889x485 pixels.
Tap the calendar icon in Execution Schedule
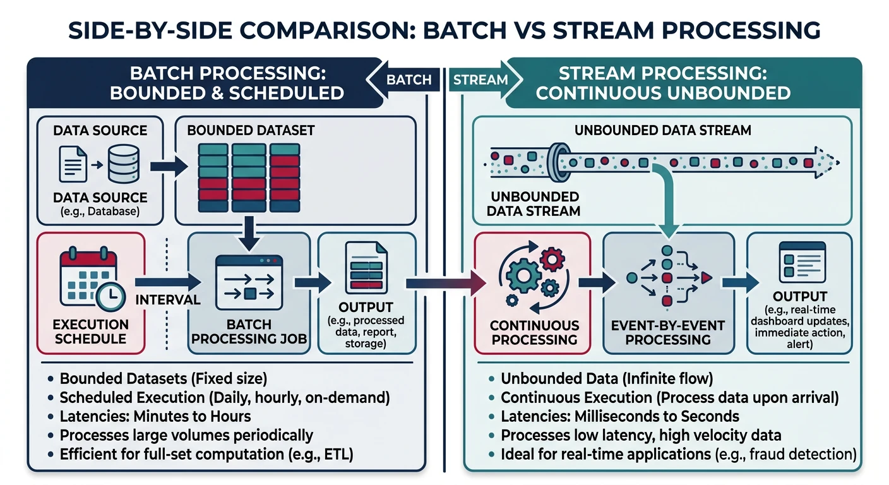coord(88,278)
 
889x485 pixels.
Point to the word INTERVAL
coord(167,299)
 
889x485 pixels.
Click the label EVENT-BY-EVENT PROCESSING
coord(667,332)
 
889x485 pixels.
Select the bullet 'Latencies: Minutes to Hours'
coord(155,416)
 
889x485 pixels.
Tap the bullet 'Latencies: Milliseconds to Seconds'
coord(619,416)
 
